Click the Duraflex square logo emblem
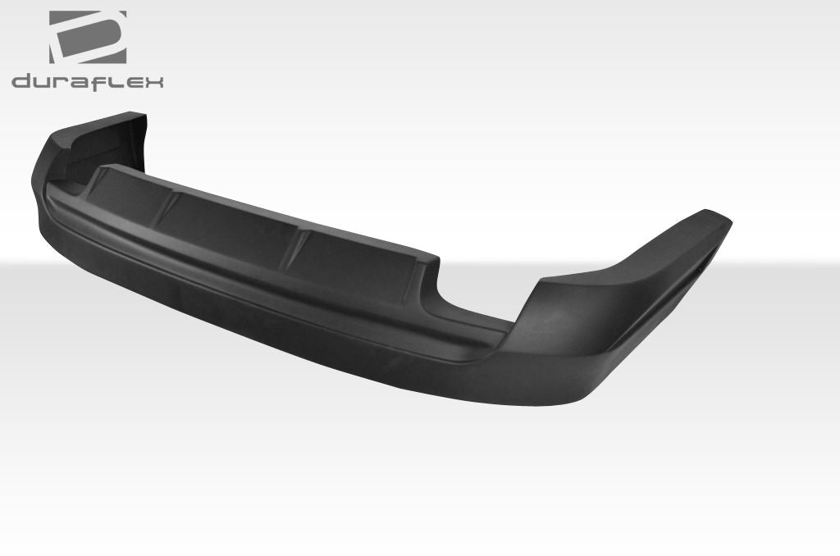[x=88, y=37]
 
